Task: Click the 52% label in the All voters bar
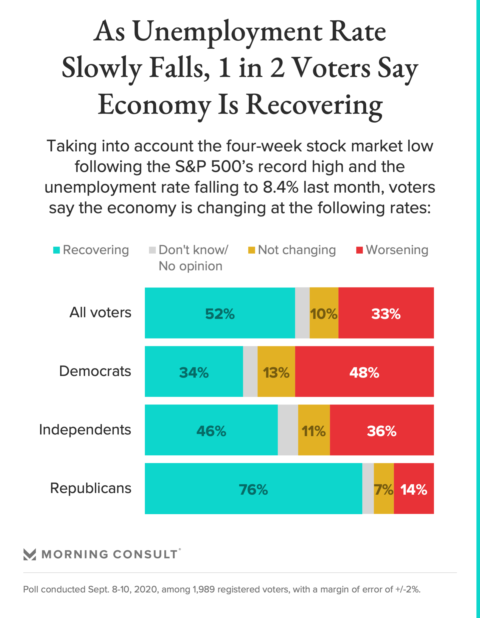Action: click(220, 314)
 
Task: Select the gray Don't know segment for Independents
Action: click(288, 430)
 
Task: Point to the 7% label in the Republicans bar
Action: click(383, 489)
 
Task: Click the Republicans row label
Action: click(91, 488)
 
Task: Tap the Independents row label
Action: click(85, 429)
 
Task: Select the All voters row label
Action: click(100, 312)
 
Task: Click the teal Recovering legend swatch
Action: click(57, 250)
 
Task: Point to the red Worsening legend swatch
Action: click(359, 250)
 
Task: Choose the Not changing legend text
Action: click(297, 250)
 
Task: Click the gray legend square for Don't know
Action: click(152, 250)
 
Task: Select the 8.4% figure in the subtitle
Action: click(280, 187)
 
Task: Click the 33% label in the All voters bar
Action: click(386, 314)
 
